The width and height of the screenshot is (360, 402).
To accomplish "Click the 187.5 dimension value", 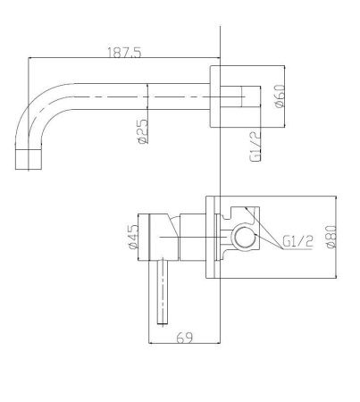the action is [125, 53].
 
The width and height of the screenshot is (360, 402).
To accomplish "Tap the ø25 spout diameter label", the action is [143, 131].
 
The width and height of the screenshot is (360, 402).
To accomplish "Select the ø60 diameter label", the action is [280, 96].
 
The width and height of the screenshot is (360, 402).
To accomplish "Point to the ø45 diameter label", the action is [133, 237].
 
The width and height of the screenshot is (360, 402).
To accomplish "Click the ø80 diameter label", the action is [331, 237].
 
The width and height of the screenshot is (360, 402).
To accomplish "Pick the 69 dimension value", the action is [184, 338].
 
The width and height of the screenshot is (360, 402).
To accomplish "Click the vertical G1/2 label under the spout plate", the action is [255, 146].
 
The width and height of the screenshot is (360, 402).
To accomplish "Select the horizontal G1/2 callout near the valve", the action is [297, 241].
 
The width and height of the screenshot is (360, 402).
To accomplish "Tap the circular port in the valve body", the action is [245, 238].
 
